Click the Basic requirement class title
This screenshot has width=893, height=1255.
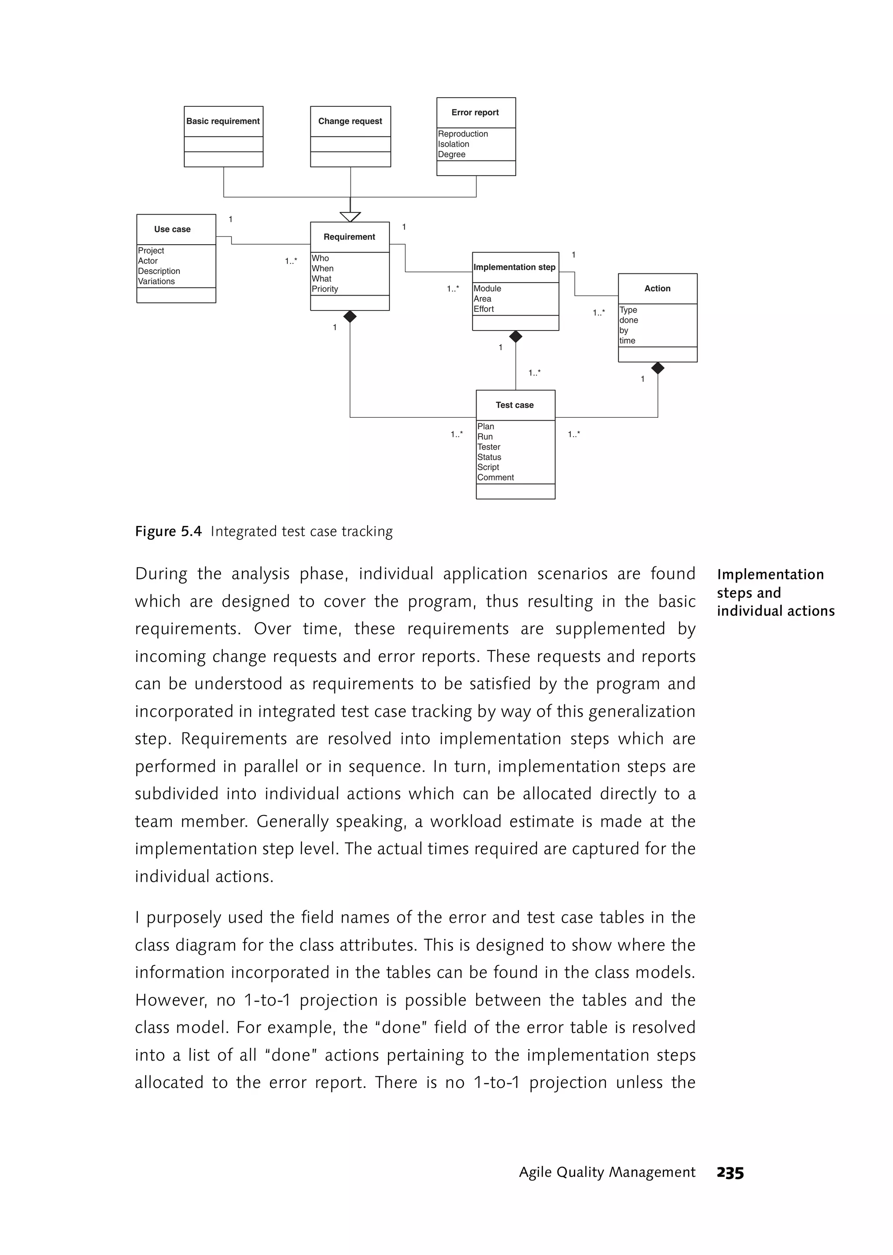click(223, 121)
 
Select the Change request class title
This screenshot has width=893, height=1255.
click(350, 121)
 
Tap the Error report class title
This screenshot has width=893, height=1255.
click(475, 112)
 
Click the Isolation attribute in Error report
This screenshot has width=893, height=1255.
click(453, 144)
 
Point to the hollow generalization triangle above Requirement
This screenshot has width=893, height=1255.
click(350, 217)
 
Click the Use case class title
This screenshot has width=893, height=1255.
click(172, 229)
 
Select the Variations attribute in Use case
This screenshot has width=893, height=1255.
click(156, 281)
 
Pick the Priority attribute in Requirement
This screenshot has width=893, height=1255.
click(325, 289)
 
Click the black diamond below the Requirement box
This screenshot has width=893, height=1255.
click(350, 317)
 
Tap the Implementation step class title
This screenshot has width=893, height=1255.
click(514, 267)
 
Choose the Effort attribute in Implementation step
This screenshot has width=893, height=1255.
click(484, 309)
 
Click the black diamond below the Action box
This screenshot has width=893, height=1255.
click(658, 368)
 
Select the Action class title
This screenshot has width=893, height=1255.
click(657, 288)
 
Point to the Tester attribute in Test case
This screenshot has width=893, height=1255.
click(489, 447)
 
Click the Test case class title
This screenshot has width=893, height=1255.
click(514, 405)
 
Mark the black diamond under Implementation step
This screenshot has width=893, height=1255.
click(515, 337)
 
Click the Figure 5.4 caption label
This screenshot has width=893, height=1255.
click(168, 531)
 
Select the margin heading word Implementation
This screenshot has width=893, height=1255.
click(770, 574)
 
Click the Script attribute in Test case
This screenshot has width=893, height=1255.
click(488, 467)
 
